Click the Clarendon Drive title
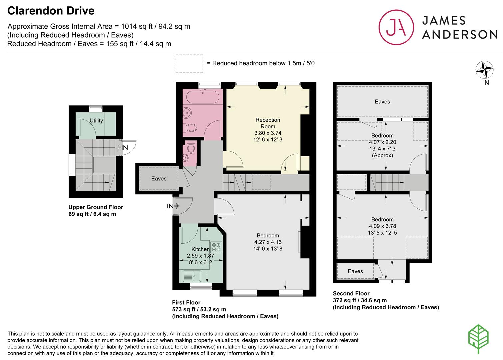coord(51,11)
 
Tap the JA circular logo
coord(396,27)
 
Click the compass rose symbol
coord(484,70)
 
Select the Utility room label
coord(96,121)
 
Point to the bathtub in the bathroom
coord(203,97)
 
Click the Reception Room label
coord(268,123)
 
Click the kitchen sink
coord(192,276)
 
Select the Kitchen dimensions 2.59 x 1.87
coord(200,256)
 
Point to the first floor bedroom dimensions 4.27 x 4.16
coord(268,242)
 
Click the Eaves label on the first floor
coord(159,179)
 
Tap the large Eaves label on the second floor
coord(382,102)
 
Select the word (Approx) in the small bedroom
coord(382,155)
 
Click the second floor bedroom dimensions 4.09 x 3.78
coord(382,226)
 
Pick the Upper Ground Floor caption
coord(96,207)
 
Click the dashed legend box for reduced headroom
coord(189,64)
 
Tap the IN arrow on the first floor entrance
coord(173,206)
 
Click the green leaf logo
coord(478,339)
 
